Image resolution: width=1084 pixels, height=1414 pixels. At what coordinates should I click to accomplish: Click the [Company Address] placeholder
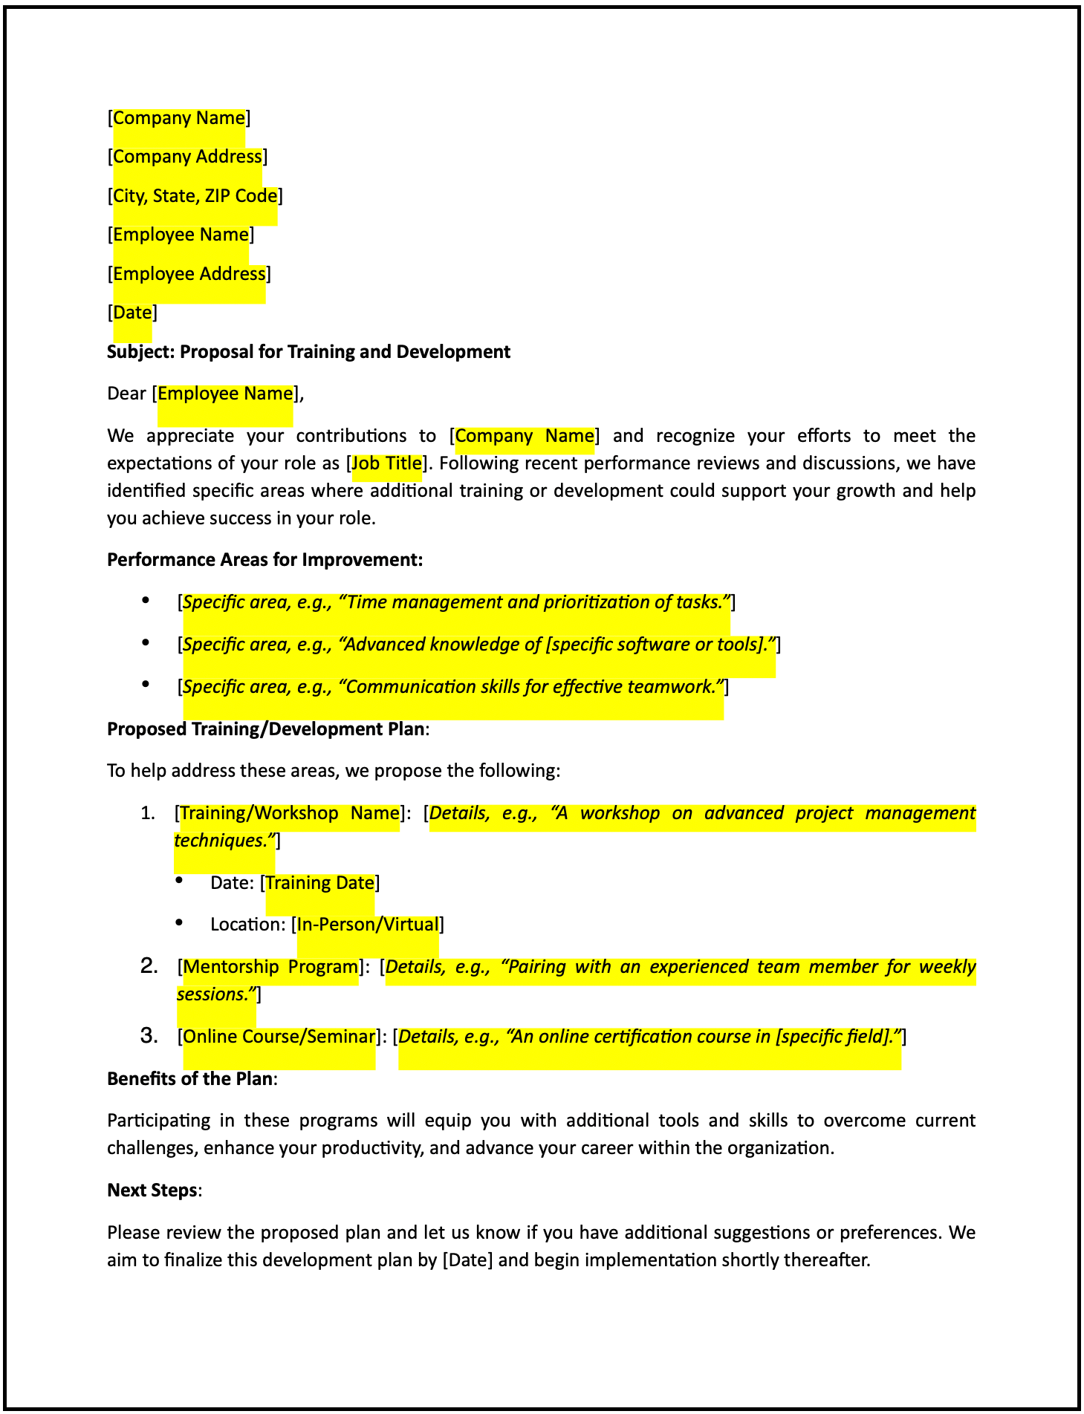click(187, 157)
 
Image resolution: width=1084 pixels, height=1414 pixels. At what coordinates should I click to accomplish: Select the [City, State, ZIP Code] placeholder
click(195, 196)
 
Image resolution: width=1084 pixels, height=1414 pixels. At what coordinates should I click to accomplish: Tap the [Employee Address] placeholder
click(189, 274)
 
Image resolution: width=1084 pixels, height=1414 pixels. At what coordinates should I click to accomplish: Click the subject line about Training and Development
click(308, 352)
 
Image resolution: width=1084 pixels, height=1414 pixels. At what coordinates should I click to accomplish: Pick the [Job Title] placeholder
click(386, 463)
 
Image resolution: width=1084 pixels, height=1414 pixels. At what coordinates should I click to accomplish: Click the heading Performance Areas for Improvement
click(264, 560)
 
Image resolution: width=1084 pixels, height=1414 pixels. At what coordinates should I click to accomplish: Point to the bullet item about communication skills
click(452, 687)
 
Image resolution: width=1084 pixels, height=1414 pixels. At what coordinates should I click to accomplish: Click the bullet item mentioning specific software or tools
click(478, 645)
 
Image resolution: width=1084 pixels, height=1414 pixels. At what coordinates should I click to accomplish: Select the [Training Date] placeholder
click(319, 883)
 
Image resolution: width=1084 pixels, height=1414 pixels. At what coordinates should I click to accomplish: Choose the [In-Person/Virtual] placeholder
click(368, 925)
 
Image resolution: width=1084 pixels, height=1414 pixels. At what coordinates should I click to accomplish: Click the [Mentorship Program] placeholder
click(271, 967)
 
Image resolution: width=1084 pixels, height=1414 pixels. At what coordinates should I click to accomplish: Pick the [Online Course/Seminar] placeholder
click(279, 1037)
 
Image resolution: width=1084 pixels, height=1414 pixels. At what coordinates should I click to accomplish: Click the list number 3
click(149, 1036)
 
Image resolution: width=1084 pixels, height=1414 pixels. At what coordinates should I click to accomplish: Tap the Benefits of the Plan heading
click(190, 1079)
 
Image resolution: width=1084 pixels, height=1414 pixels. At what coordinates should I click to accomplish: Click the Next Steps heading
click(152, 1190)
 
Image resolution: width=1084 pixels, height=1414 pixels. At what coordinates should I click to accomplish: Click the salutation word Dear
click(126, 394)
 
